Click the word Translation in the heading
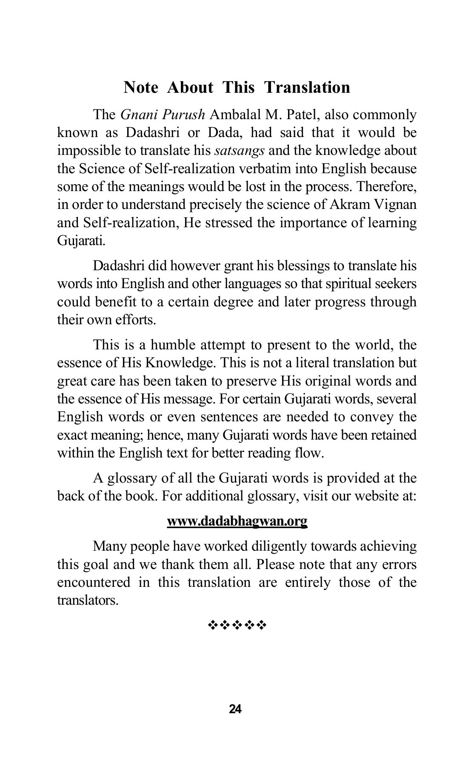[x=307, y=87]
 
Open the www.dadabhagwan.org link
[x=237, y=521]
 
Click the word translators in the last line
[x=87, y=600]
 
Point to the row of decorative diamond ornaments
[x=237, y=625]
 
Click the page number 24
[x=235, y=709]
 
